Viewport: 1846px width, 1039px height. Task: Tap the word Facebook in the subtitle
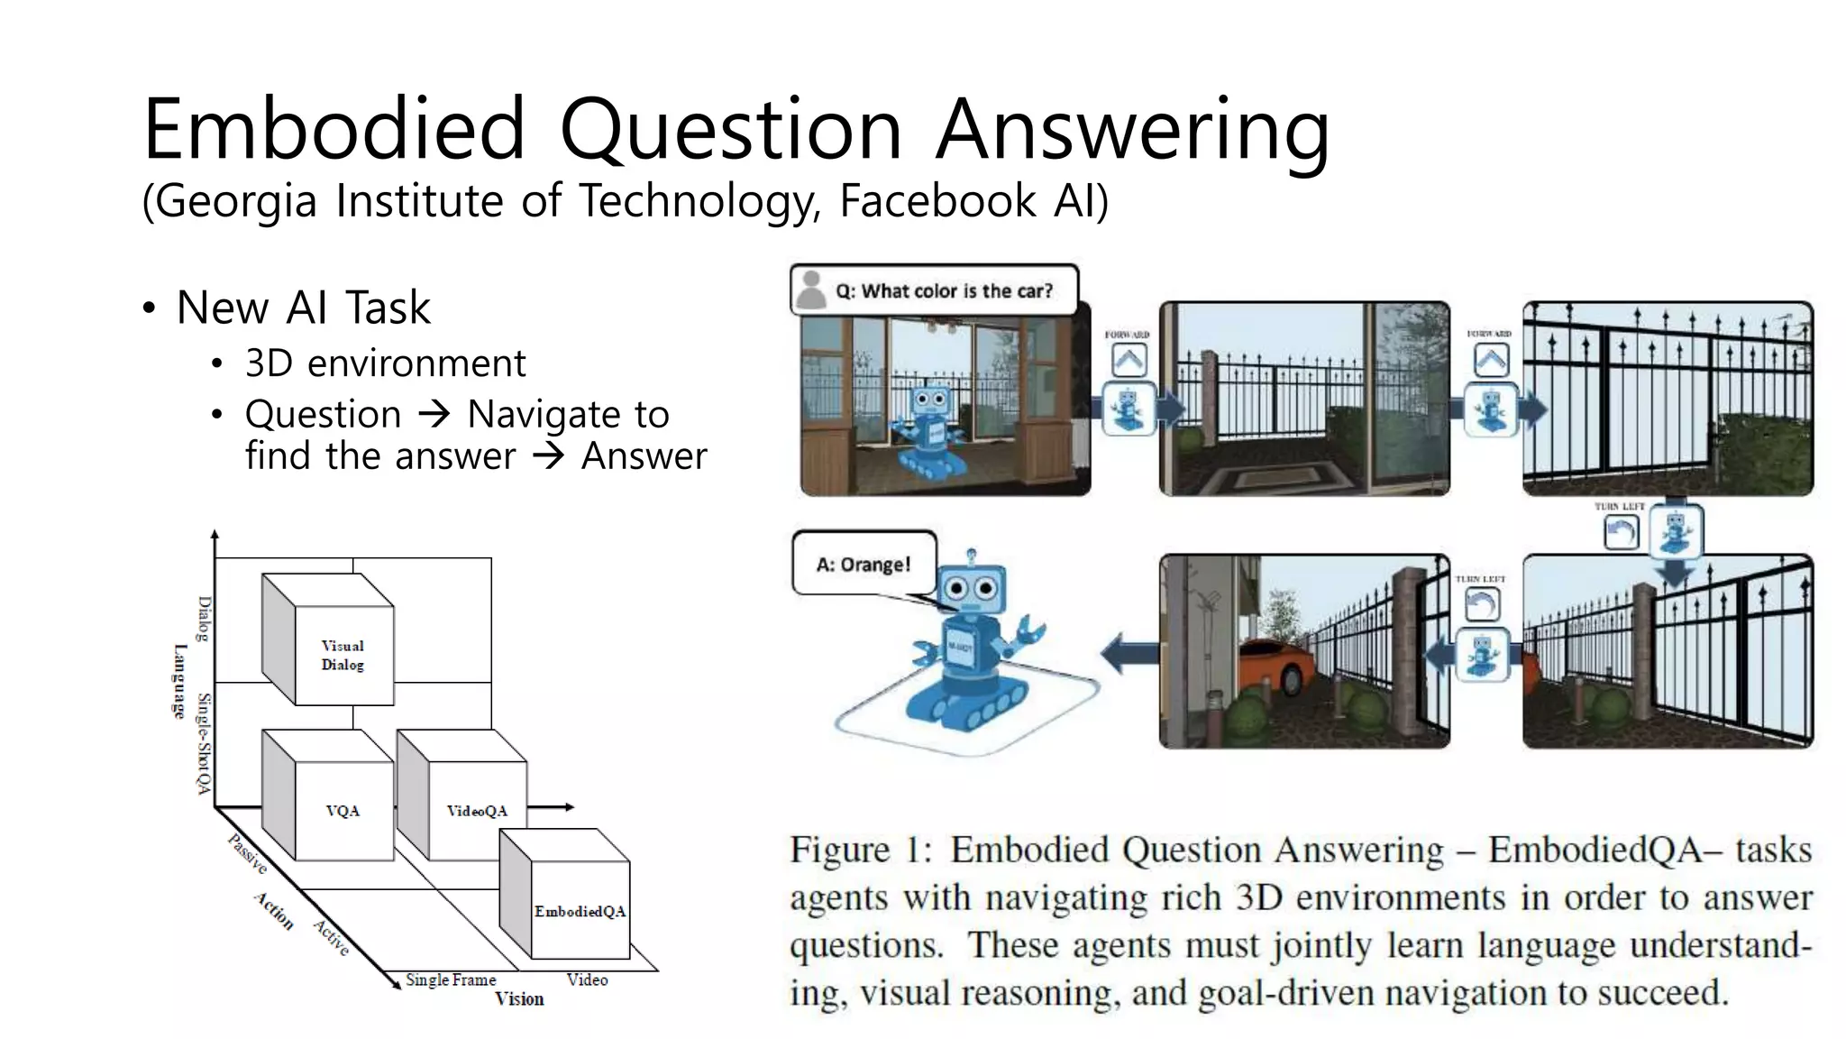pyautogui.click(x=937, y=200)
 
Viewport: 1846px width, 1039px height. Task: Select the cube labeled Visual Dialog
pyautogui.click(x=343, y=655)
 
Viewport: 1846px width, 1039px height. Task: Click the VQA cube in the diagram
pyautogui.click(x=343, y=811)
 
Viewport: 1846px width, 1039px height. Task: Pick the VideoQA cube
pyautogui.click(x=477, y=811)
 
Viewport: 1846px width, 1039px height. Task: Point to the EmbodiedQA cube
pyautogui.click(x=580, y=911)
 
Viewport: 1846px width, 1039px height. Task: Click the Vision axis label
pyautogui.click(x=519, y=999)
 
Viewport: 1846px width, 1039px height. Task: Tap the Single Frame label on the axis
pyautogui.click(x=451, y=979)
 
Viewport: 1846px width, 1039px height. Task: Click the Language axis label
pyautogui.click(x=179, y=682)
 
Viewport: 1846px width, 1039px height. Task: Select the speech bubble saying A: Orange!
pyautogui.click(x=864, y=565)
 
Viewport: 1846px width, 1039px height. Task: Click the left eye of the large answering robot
pyautogui.click(x=956, y=589)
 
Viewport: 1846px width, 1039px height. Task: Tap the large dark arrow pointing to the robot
pyautogui.click(x=1129, y=651)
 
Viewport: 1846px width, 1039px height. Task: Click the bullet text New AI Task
pyautogui.click(x=303, y=308)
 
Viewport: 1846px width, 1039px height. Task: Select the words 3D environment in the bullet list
pyautogui.click(x=385, y=363)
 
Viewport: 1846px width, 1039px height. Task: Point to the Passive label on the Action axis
pyautogui.click(x=247, y=854)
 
